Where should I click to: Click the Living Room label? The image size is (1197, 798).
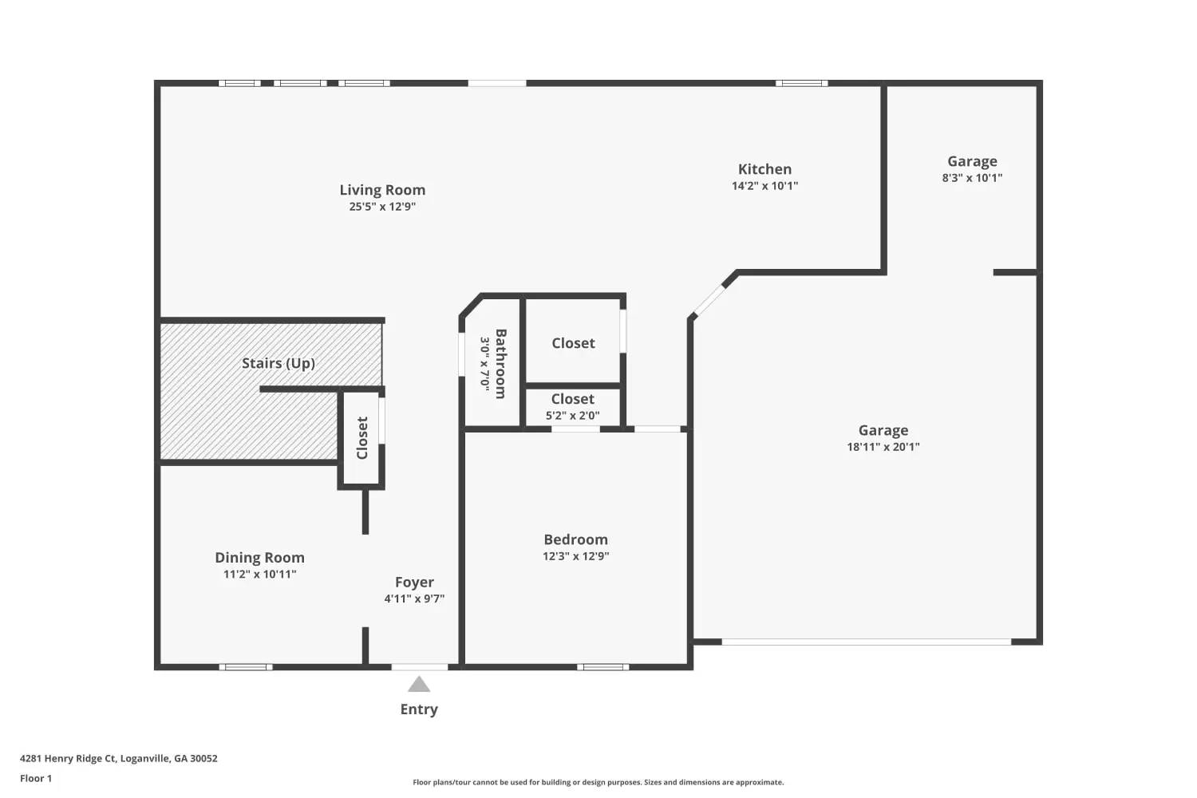[x=382, y=190]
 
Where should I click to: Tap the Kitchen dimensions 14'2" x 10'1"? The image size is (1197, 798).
[x=764, y=186]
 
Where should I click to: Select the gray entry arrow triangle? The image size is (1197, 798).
[x=419, y=685]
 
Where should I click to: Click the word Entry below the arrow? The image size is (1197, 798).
[x=419, y=709]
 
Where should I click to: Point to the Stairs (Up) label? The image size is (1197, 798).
[x=279, y=363]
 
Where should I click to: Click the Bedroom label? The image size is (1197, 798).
[x=575, y=539]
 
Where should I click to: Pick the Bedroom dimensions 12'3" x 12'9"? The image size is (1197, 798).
[x=575, y=556]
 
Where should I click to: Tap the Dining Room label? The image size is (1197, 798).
[x=259, y=558]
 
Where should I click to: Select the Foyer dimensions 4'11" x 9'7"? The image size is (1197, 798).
[x=414, y=598]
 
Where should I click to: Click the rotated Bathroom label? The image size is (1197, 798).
[x=500, y=363]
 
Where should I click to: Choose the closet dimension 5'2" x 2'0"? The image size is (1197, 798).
[x=572, y=415]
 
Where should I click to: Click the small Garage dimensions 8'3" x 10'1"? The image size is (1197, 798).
[x=972, y=178]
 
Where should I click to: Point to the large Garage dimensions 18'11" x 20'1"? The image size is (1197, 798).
[x=883, y=447]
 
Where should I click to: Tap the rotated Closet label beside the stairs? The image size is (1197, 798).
[x=362, y=437]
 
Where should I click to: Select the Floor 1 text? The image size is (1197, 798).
[x=36, y=779]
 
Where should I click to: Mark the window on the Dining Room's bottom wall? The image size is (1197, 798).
[x=246, y=667]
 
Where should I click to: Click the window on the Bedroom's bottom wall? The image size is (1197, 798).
[x=602, y=667]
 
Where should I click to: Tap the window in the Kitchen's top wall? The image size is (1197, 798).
[x=801, y=83]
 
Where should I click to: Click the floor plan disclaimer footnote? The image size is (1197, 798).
[x=598, y=783]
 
